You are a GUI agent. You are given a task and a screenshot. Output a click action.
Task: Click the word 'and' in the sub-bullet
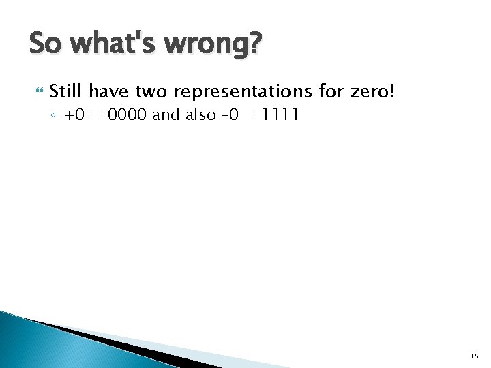(x=165, y=114)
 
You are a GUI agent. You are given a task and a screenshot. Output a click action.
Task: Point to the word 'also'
(x=201, y=114)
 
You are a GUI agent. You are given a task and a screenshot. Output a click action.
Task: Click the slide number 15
(x=474, y=355)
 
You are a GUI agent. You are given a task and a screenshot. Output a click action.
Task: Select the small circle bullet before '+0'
(x=54, y=115)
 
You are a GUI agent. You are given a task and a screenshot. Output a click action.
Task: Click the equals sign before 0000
(x=98, y=115)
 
